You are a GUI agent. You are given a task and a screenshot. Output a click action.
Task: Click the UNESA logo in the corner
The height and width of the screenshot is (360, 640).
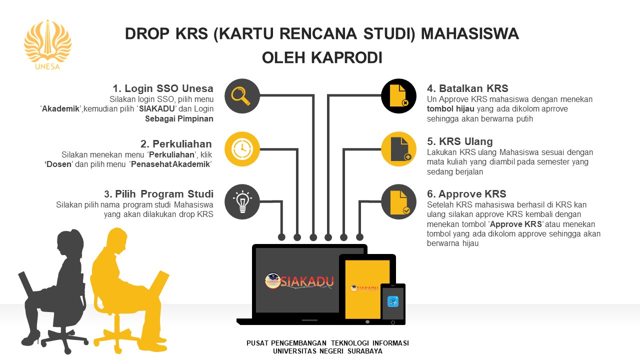(x=47, y=45)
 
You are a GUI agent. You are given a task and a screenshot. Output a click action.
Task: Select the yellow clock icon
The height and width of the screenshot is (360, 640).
(x=242, y=149)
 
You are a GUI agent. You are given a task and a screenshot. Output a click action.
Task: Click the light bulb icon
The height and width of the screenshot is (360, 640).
(x=242, y=201)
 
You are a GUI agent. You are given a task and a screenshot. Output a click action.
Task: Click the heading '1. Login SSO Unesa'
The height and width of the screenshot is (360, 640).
(x=163, y=88)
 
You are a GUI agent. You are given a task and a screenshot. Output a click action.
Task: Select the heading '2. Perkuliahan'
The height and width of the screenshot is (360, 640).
(x=176, y=143)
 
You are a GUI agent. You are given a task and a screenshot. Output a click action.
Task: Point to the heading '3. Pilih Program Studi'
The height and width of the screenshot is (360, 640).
(x=158, y=194)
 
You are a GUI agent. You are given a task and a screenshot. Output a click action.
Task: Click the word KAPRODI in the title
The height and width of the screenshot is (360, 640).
(x=346, y=57)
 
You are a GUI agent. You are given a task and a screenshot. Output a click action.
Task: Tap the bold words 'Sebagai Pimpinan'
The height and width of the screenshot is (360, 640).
(x=179, y=118)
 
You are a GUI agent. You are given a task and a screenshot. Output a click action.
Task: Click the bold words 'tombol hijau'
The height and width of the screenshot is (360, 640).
(x=450, y=109)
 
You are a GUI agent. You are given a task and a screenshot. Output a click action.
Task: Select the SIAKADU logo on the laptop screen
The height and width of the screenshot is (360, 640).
(x=299, y=281)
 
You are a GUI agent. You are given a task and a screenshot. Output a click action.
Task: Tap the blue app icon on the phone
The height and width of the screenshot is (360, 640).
(x=393, y=301)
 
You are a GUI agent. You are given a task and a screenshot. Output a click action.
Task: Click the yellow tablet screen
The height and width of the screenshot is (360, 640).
(x=367, y=289)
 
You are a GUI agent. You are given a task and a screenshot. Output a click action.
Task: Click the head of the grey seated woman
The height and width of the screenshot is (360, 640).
(x=70, y=242)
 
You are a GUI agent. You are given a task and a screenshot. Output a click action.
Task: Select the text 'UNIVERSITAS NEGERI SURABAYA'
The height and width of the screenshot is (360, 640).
(x=327, y=351)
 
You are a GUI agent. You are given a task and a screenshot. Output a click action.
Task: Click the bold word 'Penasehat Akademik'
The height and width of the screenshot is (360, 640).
(x=170, y=164)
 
